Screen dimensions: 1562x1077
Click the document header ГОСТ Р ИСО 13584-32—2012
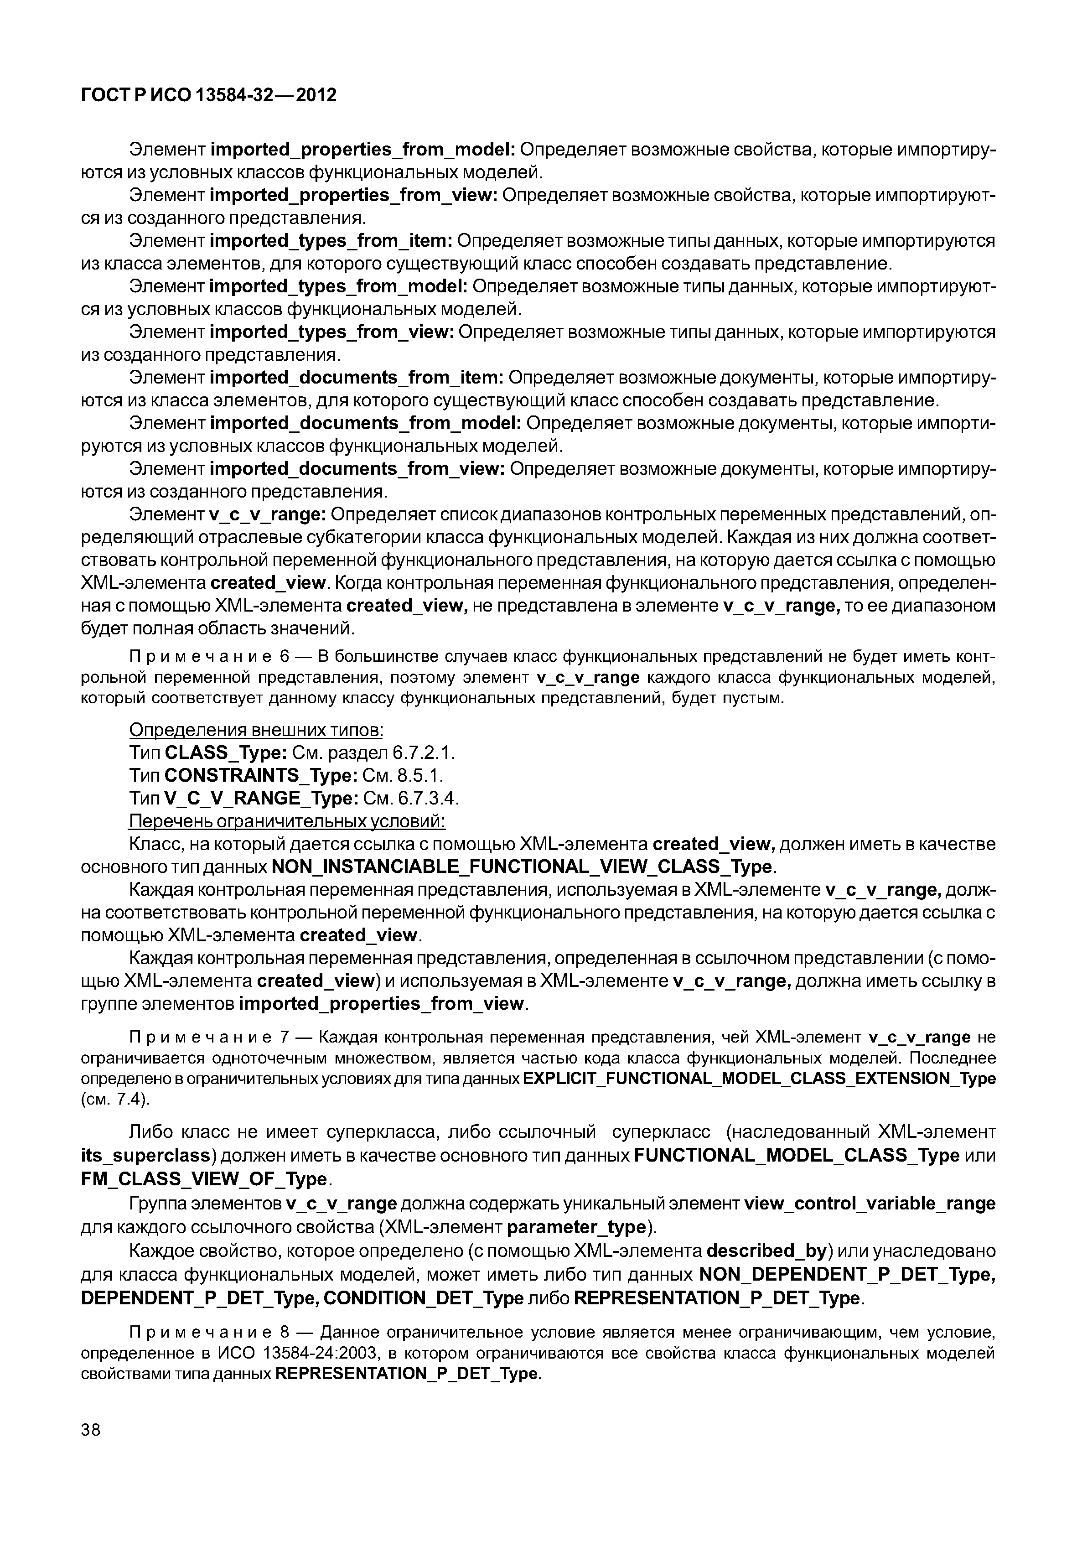pyautogui.click(x=208, y=95)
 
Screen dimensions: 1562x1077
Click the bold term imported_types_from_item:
pyautogui.click(x=332, y=241)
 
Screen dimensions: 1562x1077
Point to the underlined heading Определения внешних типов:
pyautogui.click(x=256, y=730)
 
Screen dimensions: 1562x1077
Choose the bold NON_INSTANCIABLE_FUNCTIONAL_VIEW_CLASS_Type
pyautogui.click(x=521, y=867)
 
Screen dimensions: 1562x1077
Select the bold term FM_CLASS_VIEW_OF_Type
pyautogui.click(x=203, y=1178)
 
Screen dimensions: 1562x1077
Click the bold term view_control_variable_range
pyautogui.click(x=869, y=1204)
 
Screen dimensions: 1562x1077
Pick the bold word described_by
pyautogui.click(x=766, y=1251)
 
